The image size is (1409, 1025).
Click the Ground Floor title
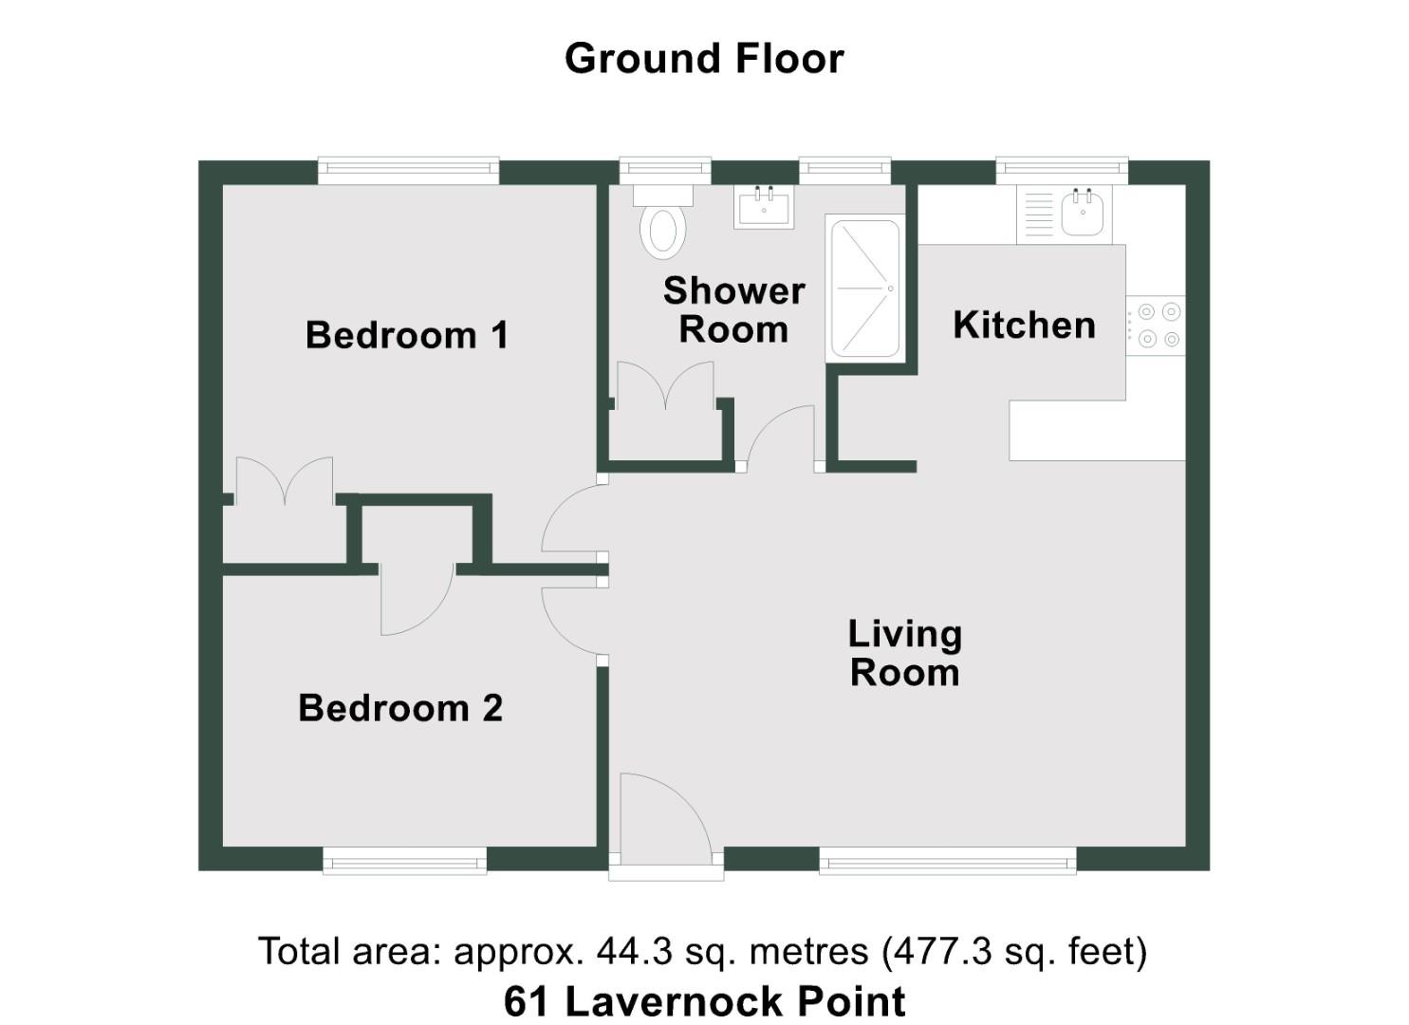[x=703, y=59]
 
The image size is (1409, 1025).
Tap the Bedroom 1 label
[x=406, y=335]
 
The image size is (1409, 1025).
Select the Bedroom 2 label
[x=399, y=708]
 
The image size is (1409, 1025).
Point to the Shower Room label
[x=733, y=310]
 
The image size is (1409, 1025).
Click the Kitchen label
[x=1024, y=325]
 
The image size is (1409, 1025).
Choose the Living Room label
[x=904, y=653]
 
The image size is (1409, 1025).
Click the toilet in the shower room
[x=663, y=228]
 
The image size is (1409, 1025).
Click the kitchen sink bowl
[x=1082, y=213]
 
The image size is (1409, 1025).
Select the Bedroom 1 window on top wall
[x=408, y=171]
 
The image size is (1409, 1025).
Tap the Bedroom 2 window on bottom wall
[x=404, y=862]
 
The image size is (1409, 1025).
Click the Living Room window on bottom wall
[x=947, y=862]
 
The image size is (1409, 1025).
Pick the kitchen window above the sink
[x=1062, y=171]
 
